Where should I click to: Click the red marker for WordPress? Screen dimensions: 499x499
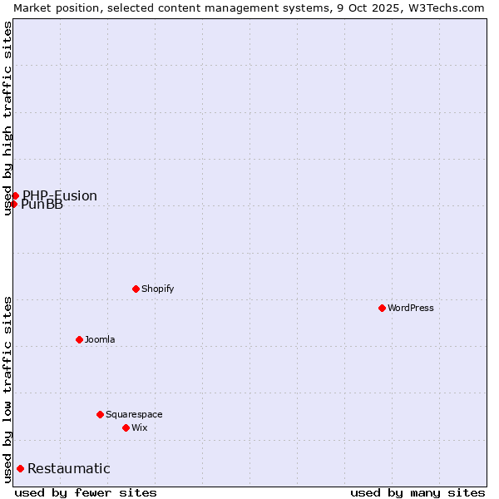[x=382, y=308]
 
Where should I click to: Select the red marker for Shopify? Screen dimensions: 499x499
[x=136, y=289]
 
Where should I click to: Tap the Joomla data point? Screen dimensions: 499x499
[x=79, y=339]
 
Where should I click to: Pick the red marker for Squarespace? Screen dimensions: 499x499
[x=100, y=414]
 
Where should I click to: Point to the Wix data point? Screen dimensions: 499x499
[x=126, y=427]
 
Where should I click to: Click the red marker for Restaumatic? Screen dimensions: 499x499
[x=20, y=468]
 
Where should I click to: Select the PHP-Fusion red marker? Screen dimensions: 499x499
[x=15, y=195]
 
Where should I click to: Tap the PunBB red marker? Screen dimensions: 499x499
[x=13, y=204]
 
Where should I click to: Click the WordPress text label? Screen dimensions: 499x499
[x=411, y=308]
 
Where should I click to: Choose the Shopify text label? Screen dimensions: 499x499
[x=158, y=289]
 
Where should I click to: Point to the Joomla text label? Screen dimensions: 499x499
[x=100, y=339]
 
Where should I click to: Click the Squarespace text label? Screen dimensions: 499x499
[x=134, y=414]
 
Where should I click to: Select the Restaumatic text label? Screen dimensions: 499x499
[x=69, y=468]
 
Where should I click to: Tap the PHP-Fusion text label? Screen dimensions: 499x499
[x=60, y=195]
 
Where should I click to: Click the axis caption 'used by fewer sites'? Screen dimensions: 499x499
[x=86, y=492]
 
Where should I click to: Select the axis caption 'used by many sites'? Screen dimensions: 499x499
[x=417, y=492]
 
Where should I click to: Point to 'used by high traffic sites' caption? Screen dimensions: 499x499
[x=7, y=118]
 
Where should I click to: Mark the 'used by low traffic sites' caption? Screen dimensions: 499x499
[x=7, y=389]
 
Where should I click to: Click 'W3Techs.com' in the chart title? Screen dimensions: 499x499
[x=449, y=7]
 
